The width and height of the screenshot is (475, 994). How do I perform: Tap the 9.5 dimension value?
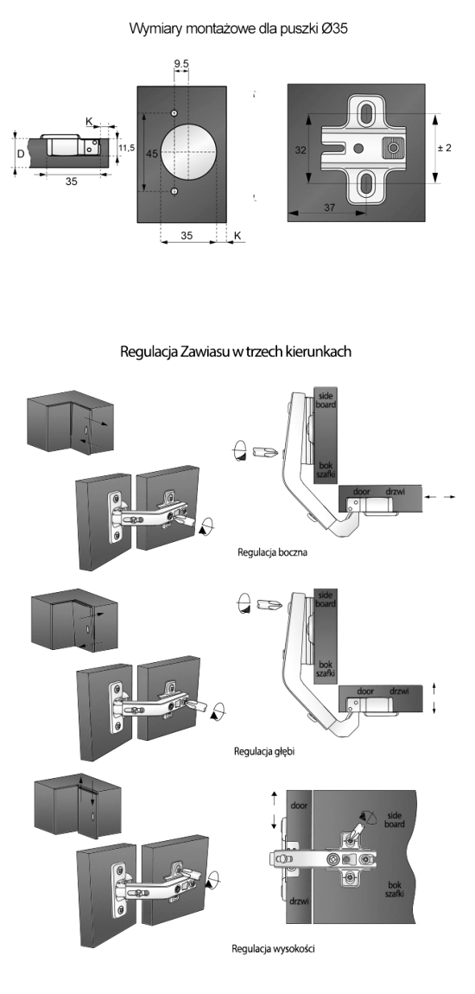click(x=180, y=63)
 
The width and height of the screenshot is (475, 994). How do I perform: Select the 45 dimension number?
click(x=150, y=152)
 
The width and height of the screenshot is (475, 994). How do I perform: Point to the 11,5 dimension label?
click(x=126, y=149)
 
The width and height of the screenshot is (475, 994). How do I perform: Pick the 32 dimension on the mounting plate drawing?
click(x=301, y=150)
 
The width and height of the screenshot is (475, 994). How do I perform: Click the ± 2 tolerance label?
click(x=445, y=149)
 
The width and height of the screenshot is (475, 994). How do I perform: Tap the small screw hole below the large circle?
click(x=174, y=191)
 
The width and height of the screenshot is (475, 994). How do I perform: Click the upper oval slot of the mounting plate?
click(x=367, y=114)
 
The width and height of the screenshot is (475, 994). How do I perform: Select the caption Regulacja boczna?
click(x=271, y=552)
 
